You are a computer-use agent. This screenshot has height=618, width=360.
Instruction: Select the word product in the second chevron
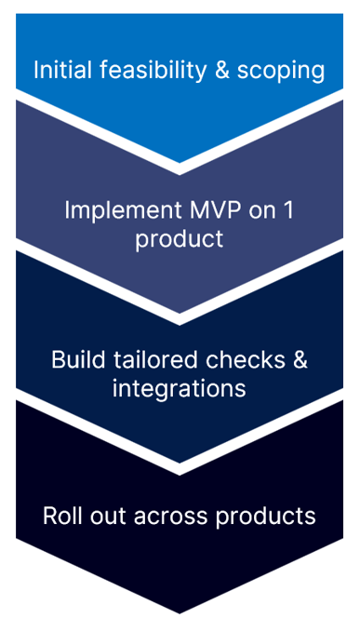point(180,238)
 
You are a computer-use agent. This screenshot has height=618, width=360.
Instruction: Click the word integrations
point(180,388)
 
